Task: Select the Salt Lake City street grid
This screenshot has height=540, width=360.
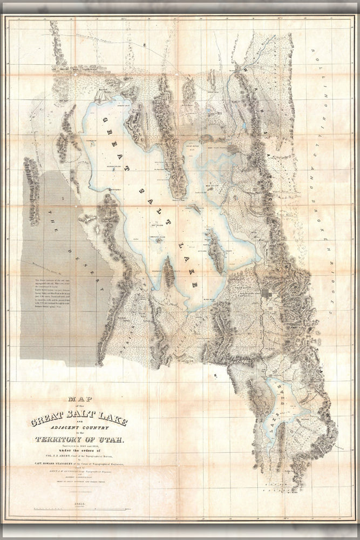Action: tap(268, 300)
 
